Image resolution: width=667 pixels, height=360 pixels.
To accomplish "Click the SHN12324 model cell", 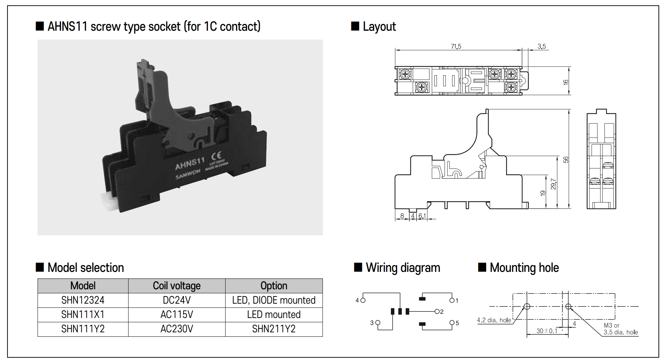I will point(83,300).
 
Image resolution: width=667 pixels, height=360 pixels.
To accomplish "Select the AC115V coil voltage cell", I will point(177,315).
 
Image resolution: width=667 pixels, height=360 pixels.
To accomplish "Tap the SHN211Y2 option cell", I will point(274,329).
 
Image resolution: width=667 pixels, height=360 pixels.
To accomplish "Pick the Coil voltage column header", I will point(177,286).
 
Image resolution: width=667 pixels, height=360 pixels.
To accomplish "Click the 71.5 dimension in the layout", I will point(456,46).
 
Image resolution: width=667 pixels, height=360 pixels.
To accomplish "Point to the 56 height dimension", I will point(566,160).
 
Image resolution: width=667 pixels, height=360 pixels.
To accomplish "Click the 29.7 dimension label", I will point(554,184).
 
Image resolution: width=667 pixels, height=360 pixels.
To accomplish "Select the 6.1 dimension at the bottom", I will point(422,216).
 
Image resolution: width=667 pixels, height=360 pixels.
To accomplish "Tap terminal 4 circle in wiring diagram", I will point(363,300).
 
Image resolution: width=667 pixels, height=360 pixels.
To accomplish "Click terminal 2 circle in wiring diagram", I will point(437,311).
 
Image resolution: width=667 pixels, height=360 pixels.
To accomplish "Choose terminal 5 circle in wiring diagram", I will point(452,323).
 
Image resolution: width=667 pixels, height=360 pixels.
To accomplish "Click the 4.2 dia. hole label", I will point(494,320).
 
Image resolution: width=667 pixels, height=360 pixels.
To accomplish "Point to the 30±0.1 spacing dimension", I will point(547,331).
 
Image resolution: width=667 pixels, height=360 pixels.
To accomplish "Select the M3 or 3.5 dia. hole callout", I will point(620,329).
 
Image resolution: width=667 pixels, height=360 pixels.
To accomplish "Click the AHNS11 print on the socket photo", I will point(190,164).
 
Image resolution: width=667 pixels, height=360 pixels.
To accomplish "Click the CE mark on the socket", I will point(216,156).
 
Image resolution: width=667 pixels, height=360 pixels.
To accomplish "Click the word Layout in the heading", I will point(379,27).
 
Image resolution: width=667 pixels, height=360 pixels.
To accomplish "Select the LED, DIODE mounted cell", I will point(274,300).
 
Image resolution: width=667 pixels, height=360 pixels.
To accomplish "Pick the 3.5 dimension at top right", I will point(542,46).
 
